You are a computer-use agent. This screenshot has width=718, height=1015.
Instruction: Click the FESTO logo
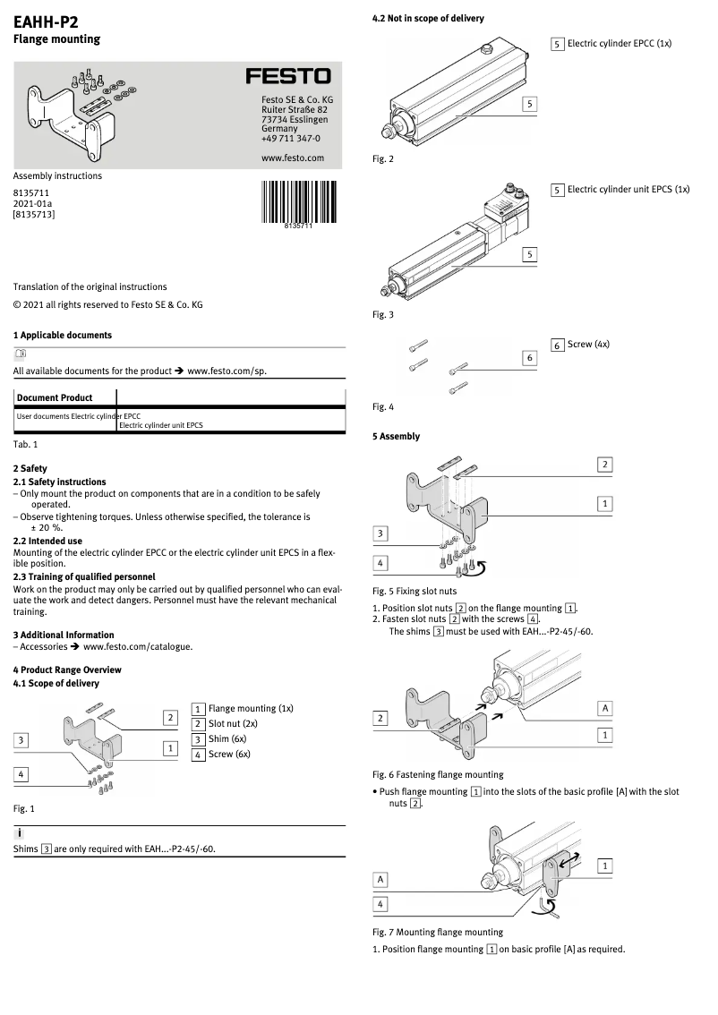288,77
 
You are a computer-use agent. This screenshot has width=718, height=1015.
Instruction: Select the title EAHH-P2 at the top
46,21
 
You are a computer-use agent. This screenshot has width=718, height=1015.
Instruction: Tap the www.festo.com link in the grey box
292,158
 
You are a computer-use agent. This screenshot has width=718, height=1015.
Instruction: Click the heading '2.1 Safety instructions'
59,482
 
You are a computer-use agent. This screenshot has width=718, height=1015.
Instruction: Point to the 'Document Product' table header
54,397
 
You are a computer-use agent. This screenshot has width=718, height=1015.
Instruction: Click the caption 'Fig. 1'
23,808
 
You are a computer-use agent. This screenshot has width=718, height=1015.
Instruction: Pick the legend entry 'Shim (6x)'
227,738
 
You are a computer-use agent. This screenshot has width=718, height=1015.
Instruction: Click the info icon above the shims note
20,833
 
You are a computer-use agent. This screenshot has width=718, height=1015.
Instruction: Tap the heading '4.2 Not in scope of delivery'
428,18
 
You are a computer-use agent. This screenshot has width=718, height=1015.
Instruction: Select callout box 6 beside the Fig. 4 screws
529,358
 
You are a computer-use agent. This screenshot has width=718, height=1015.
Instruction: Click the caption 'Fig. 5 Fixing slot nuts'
414,591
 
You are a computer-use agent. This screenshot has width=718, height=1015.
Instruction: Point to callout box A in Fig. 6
605,708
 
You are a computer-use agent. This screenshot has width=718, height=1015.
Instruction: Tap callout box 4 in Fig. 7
380,905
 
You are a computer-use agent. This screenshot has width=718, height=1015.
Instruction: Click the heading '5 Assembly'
396,437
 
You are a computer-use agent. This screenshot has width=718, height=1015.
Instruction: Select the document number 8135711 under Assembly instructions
30,192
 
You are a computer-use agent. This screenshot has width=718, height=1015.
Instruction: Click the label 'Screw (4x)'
588,345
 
